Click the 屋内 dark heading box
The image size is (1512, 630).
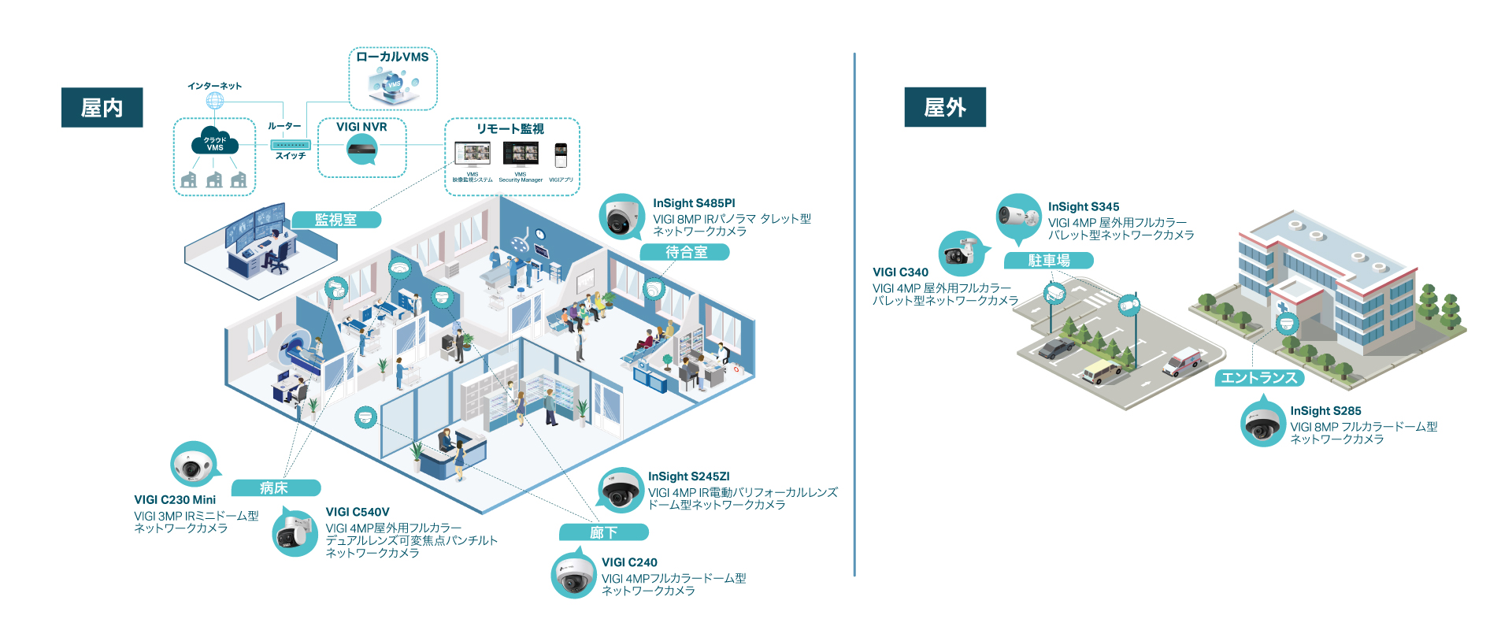tap(102, 107)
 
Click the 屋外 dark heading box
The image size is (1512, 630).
tap(944, 107)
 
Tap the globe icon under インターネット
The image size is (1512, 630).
tap(214, 101)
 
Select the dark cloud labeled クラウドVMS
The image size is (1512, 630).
tap(214, 143)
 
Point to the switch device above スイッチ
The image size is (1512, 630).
tap(291, 145)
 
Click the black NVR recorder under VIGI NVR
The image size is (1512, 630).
tap(361, 147)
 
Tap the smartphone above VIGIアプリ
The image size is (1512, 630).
tap(560, 154)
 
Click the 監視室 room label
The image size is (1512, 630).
tap(336, 220)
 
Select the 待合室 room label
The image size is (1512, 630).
tap(685, 252)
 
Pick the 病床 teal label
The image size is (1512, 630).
tap(273, 487)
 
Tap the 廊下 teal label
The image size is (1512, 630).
tap(603, 532)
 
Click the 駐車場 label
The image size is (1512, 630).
tap(1048, 260)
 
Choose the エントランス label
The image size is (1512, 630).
tap(1258, 377)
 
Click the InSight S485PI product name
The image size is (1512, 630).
tap(694, 203)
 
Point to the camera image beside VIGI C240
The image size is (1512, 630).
tap(573, 576)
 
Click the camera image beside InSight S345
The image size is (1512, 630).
tap(1018, 216)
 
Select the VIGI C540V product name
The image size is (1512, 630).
tap(358, 512)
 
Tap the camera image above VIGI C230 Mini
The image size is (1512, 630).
tap(193, 465)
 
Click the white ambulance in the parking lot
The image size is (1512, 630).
tap(1183, 361)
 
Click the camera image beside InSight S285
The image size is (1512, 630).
tap(1262, 424)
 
